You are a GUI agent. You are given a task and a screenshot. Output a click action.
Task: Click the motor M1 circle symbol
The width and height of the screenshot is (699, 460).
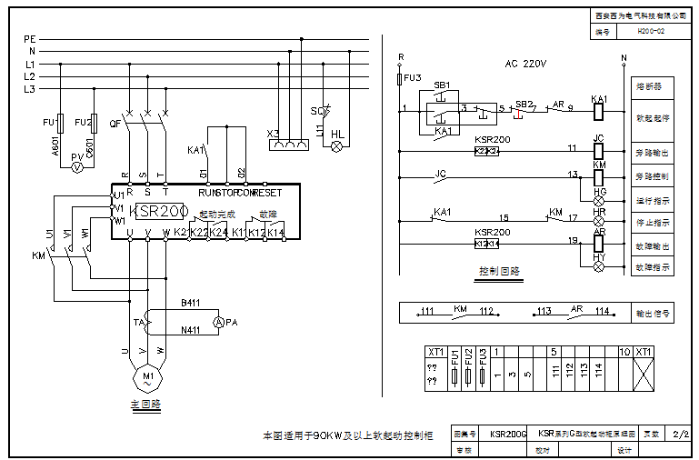coord(146,375)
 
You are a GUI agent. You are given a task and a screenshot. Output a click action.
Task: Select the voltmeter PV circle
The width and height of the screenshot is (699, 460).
coord(78,168)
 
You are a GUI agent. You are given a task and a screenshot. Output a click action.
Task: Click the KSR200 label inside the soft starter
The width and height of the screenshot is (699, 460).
coord(161,211)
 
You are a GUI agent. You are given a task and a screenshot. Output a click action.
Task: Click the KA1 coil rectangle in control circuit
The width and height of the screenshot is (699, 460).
coord(599,112)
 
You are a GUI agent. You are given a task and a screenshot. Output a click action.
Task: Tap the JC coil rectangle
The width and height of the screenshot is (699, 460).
coord(599,150)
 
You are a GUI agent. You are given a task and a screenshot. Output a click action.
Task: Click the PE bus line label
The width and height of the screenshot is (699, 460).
coord(30,40)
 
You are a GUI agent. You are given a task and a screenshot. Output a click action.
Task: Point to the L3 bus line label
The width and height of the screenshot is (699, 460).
coord(30,89)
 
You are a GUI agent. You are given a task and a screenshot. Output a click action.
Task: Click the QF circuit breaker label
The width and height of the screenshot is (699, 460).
coord(115,123)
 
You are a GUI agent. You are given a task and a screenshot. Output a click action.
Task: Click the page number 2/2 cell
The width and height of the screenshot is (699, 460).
coord(679,435)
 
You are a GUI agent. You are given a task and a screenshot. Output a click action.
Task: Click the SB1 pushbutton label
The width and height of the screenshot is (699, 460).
coord(441,85)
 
